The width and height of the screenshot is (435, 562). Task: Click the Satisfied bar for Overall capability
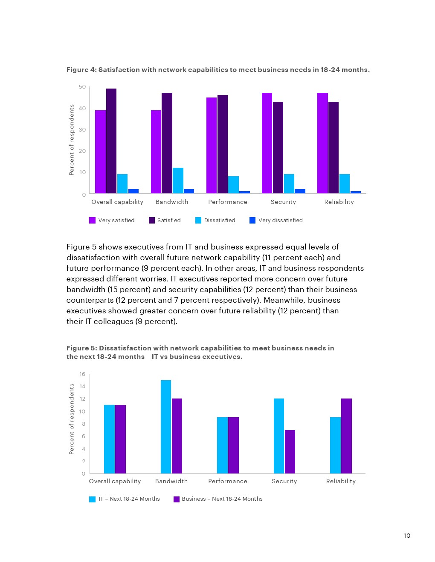(111, 141)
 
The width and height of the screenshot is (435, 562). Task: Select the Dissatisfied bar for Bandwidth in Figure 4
(178, 181)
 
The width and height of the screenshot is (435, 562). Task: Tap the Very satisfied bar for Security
(267, 143)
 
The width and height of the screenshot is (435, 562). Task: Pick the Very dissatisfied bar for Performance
(244, 192)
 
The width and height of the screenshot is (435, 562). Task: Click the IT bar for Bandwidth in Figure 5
(166, 427)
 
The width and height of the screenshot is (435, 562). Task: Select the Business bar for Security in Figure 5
(290, 452)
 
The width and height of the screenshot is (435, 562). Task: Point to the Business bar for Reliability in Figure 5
(346, 436)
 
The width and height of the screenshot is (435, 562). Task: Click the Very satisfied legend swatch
(92, 220)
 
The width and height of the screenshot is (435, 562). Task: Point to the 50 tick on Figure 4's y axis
(82, 87)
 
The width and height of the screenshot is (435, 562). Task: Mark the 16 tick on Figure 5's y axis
(82, 374)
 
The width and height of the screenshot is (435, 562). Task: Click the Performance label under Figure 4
(228, 202)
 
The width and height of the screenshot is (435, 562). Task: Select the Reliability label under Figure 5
(341, 481)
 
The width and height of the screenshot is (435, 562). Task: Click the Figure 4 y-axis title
(72, 140)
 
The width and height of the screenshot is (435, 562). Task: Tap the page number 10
(407, 536)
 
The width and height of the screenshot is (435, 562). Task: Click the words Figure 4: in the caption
(81, 70)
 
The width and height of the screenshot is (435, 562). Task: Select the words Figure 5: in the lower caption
(81, 348)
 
